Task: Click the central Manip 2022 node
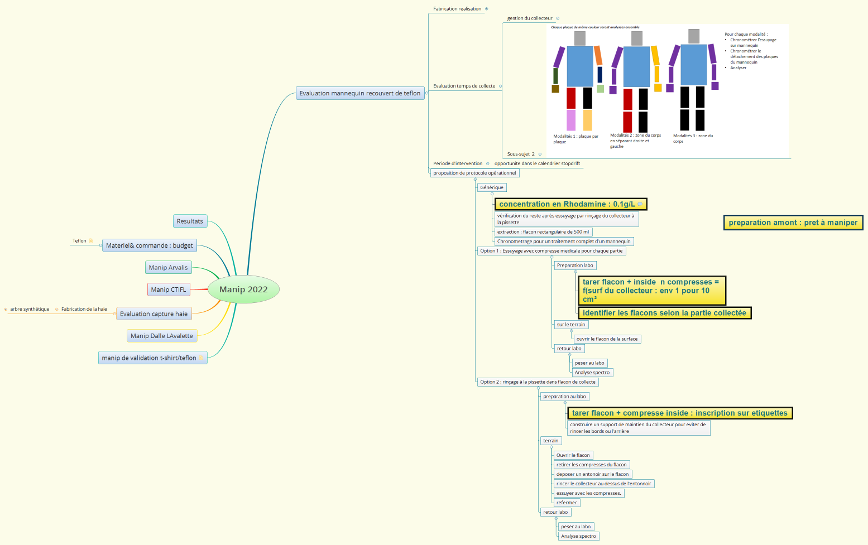pos(243,290)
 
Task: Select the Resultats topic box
pos(190,221)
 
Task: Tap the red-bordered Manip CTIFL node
pos(169,290)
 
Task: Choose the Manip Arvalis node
pos(168,267)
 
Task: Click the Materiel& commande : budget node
pos(150,245)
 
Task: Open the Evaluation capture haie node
pos(154,314)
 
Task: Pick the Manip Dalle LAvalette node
pos(162,336)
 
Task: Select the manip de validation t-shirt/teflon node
pos(153,358)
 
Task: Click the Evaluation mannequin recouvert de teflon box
pos(360,93)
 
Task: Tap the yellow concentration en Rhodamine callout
pos(571,204)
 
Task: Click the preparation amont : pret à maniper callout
pos(793,223)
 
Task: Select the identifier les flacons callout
pos(665,313)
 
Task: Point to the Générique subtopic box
pos(492,187)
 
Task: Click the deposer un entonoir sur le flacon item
pos(592,474)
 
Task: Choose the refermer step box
pos(567,503)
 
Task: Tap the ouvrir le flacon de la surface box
pos(607,339)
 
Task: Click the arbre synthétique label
pos(30,309)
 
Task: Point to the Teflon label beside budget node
pos(79,241)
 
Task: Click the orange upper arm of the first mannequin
pos(598,55)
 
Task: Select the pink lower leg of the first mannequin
pos(571,120)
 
